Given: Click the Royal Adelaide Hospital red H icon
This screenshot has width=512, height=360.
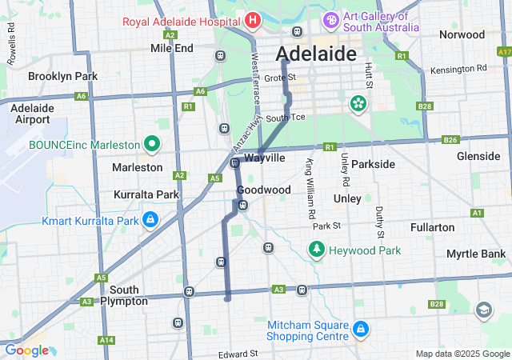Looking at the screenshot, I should tap(253, 19).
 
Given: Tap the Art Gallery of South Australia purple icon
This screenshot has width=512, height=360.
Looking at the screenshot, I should tap(330, 19).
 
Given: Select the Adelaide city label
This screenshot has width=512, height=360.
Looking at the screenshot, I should tap(316, 54).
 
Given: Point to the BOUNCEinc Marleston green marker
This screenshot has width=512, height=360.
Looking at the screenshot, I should tap(153, 145).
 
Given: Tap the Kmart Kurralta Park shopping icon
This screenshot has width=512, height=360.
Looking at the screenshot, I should tap(150, 219).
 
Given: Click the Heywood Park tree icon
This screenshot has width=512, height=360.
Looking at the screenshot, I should tap(317, 251).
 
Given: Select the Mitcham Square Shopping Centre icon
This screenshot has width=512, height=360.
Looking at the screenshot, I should tap(361, 329).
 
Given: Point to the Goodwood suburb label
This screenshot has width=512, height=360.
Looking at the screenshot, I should tap(263, 190).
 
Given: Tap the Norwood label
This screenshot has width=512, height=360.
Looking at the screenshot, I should tap(462, 35).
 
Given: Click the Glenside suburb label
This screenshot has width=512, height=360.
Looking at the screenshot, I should tap(478, 156).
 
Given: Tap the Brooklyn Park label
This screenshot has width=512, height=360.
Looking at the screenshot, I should tap(62, 76).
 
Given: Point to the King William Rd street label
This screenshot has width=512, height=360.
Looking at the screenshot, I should tap(308, 190).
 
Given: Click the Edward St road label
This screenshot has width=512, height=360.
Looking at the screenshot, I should tap(238, 353).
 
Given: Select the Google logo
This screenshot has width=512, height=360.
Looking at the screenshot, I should tap(26, 350).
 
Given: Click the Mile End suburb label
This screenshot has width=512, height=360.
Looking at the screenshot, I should tap(172, 48).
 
